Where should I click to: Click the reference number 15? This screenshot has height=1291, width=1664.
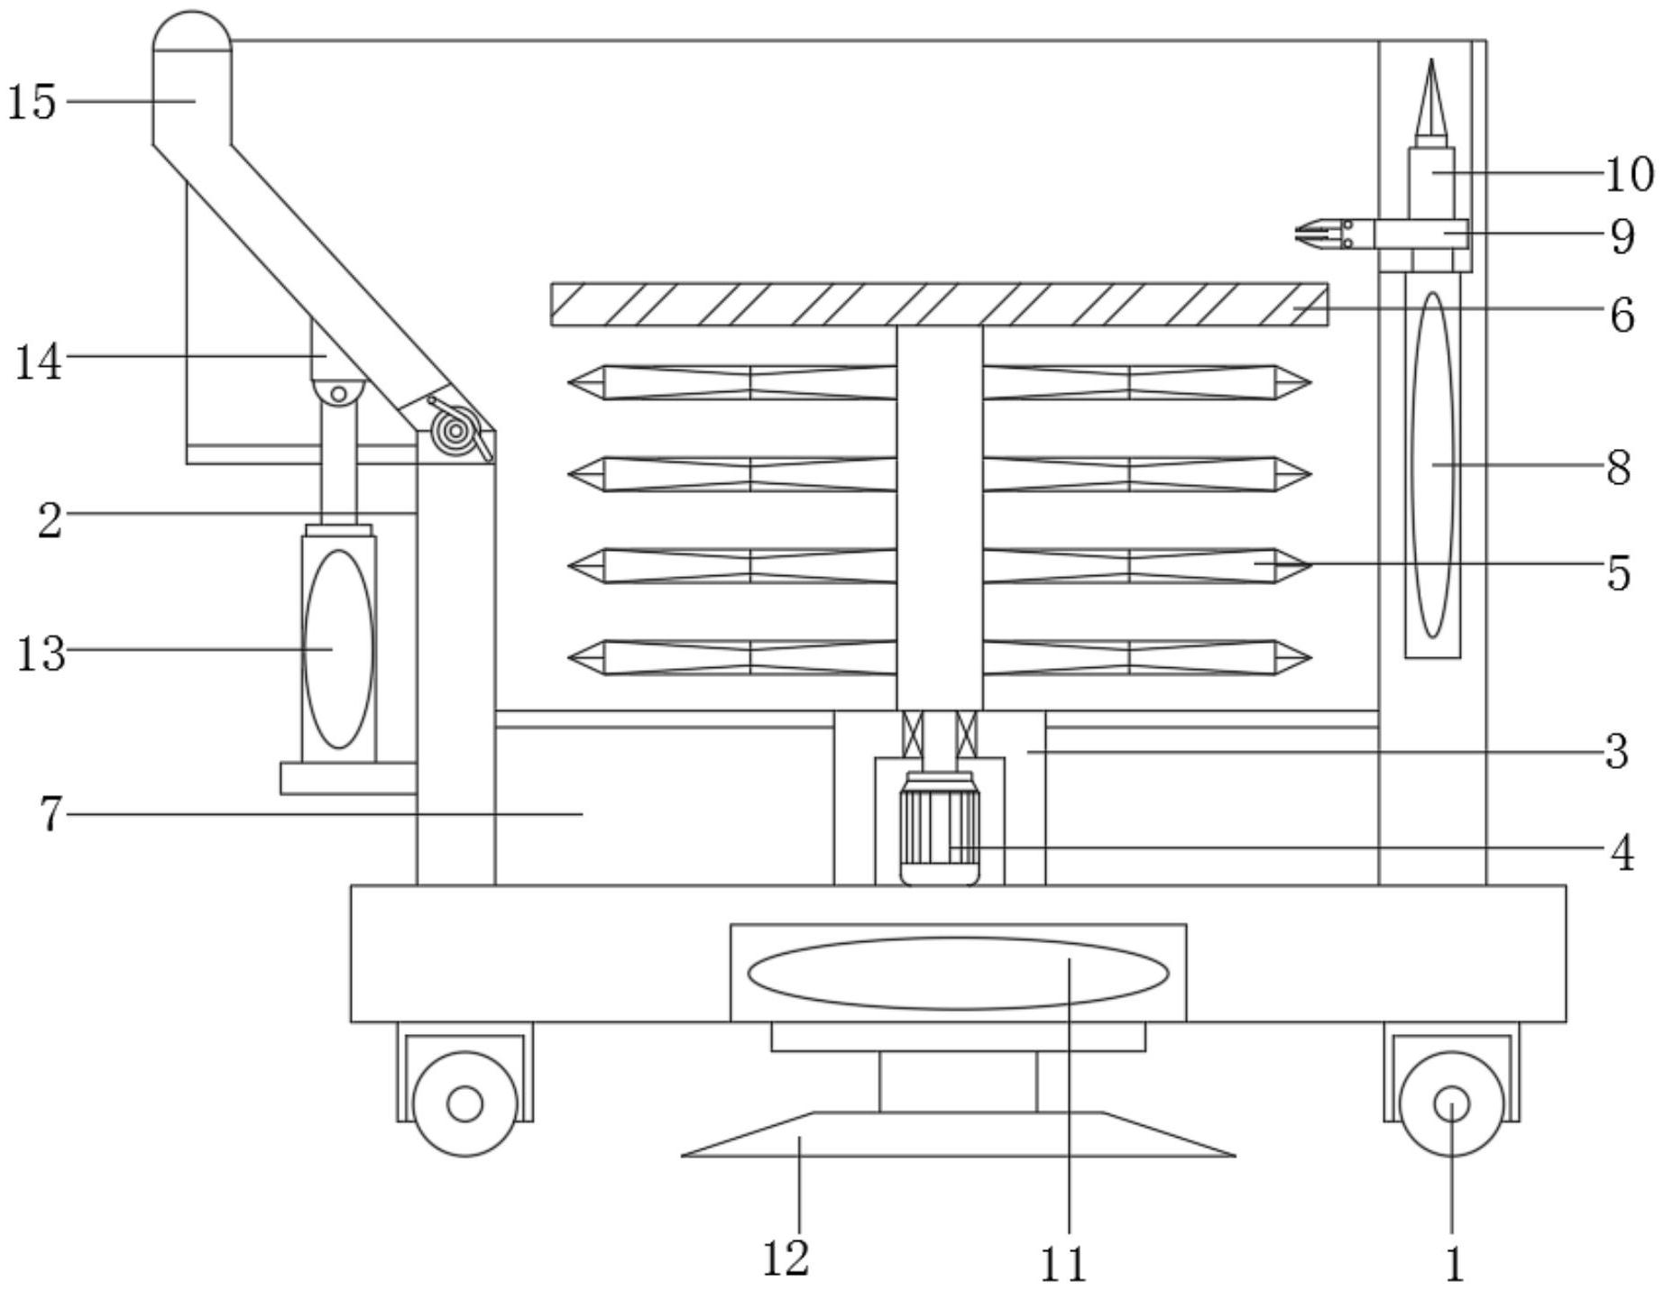click(32, 101)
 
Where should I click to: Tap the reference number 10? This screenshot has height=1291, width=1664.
click(1629, 174)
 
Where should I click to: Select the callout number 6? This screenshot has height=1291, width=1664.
click(1622, 315)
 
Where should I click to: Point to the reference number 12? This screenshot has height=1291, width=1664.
click(786, 1258)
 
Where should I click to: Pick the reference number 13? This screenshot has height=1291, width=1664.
click(41, 654)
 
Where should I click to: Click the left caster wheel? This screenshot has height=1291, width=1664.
click(465, 1103)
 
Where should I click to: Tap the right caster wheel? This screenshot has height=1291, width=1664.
click(1451, 1103)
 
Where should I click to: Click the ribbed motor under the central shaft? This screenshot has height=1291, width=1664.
click(940, 828)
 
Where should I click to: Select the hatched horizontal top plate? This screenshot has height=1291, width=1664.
click(939, 305)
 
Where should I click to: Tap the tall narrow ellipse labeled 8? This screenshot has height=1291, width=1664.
click(1433, 465)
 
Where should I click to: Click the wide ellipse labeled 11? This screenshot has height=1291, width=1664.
click(958, 974)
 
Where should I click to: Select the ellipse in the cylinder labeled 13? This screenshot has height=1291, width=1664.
click(339, 649)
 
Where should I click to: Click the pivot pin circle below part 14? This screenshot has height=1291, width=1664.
click(338, 394)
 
